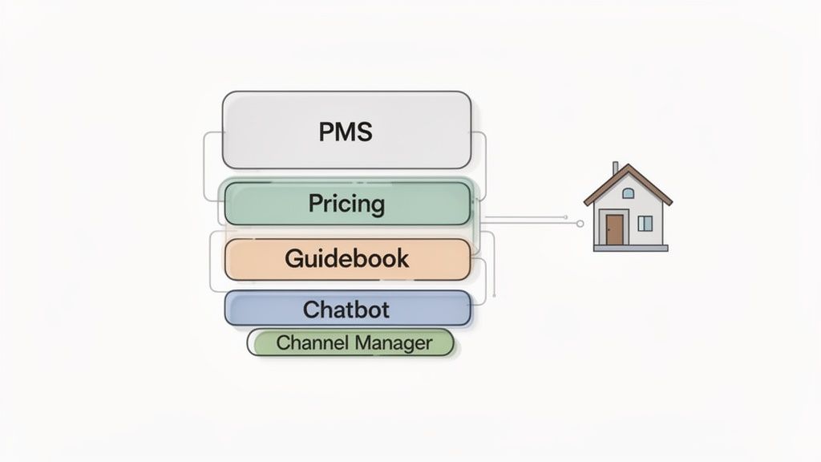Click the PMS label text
(346, 131)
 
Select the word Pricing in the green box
(346, 204)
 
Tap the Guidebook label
(346, 258)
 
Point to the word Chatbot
(346, 308)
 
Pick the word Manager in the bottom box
(394, 343)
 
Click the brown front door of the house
(614, 229)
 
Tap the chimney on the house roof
(615, 168)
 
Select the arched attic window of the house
(628, 193)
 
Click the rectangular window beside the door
(645, 223)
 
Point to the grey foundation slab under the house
(630, 248)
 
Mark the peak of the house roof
(628, 166)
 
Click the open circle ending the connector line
(580, 224)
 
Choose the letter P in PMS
(326, 131)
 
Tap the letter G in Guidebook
(293, 258)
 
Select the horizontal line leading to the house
(529, 220)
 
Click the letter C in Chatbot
(311, 308)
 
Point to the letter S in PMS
(365, 131)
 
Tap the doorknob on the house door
(620, 231)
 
